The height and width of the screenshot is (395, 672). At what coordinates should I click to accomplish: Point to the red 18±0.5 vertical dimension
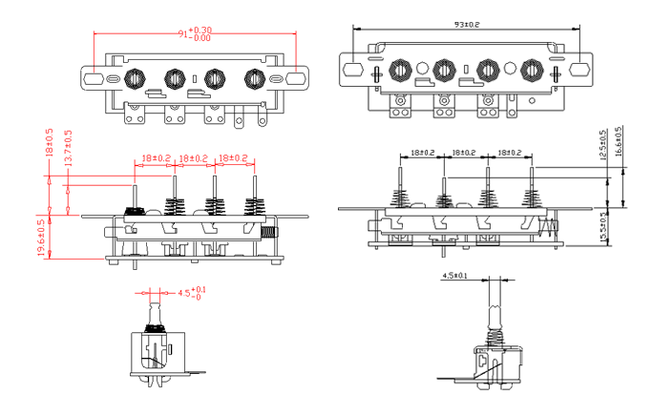point(49,142)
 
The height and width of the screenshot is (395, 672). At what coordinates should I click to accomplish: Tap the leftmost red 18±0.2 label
point(156,158)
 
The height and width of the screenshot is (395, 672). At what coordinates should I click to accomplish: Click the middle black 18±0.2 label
point(464,153)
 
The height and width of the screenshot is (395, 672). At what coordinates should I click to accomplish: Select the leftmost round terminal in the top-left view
point(135,77)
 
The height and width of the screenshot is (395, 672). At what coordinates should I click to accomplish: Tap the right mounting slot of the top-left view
point(298,77)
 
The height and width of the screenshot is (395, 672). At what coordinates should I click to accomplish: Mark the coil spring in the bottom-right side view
point(496,336)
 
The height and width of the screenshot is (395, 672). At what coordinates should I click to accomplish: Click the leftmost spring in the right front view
point(398,198)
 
